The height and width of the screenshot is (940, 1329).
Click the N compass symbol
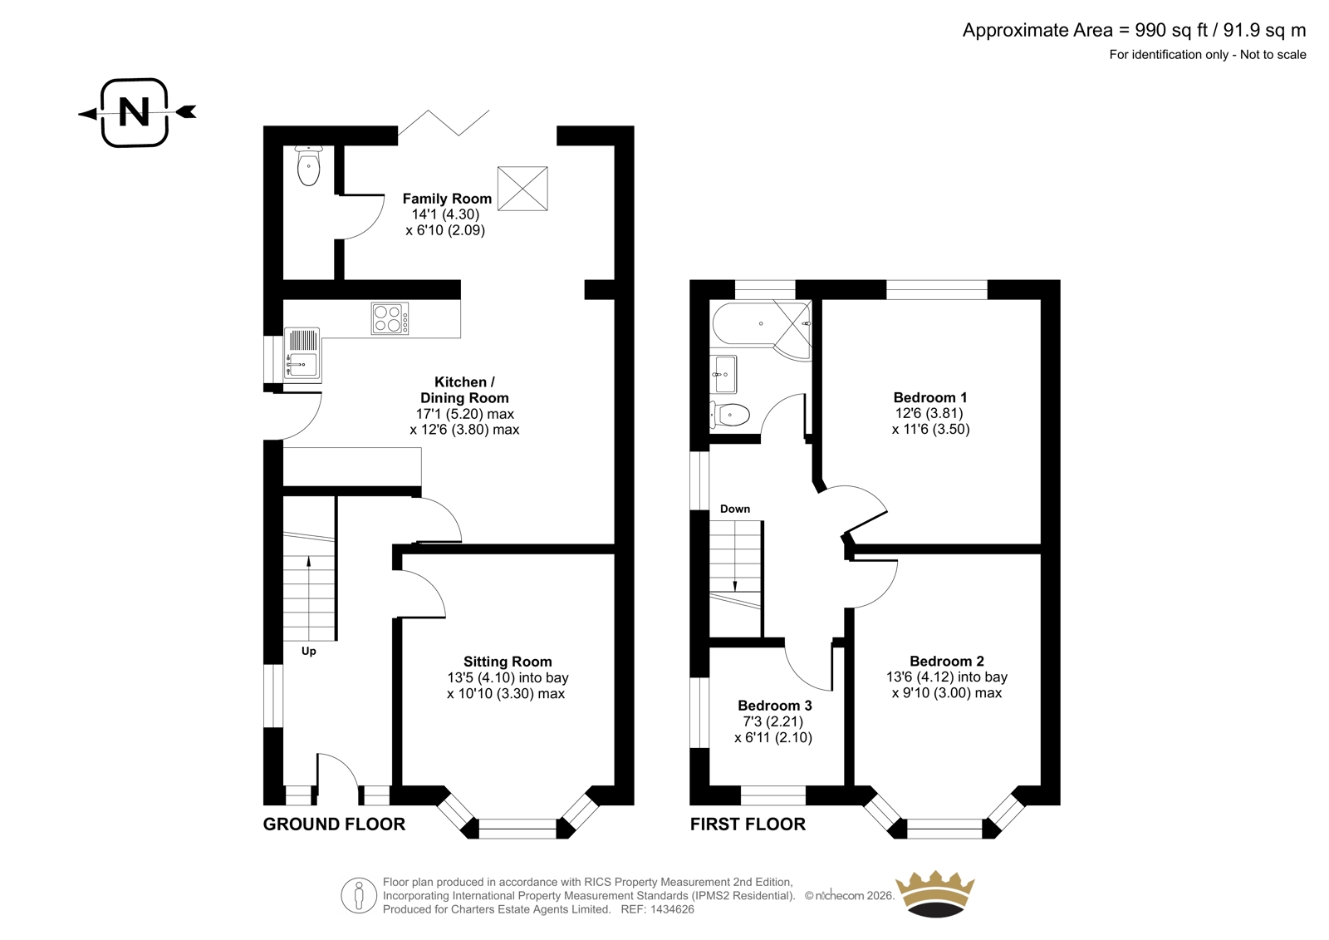coord(135,112)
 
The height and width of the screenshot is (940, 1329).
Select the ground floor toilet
coord(308,165)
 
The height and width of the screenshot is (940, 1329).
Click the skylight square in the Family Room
coord(522,188)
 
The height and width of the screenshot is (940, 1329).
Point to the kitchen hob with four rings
coord(390,318)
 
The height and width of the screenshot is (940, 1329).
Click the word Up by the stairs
coord(308,652)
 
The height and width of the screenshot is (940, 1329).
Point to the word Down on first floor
coord(735,509)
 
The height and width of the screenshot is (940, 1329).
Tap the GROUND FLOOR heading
coord(334,824)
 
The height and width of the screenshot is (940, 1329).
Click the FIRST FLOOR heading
coord(748,824)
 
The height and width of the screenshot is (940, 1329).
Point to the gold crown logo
coord(935,893)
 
